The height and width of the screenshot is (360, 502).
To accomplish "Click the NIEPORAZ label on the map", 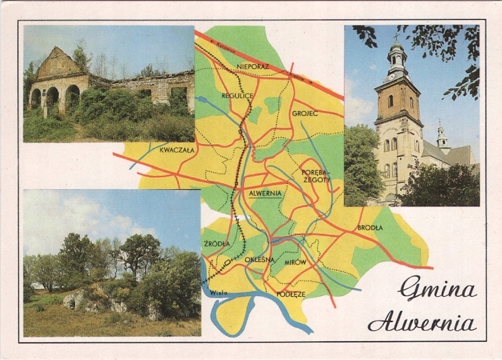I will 253,66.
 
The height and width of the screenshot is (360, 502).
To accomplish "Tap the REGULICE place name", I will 237,96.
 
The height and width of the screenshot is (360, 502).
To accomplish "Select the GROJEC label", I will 305,114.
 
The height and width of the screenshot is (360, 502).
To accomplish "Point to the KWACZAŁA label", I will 177,151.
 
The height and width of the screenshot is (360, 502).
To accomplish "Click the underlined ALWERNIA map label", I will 266,194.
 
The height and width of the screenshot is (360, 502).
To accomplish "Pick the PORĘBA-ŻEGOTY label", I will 315,175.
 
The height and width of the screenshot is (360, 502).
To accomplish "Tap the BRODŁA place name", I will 370,228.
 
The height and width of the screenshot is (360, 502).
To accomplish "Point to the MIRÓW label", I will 295,262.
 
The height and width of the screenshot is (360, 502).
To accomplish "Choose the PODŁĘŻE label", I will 291,294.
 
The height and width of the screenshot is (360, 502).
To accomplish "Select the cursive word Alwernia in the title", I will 422,323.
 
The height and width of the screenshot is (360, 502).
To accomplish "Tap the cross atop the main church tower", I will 397,37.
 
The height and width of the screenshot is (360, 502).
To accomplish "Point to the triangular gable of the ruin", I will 58,63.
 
